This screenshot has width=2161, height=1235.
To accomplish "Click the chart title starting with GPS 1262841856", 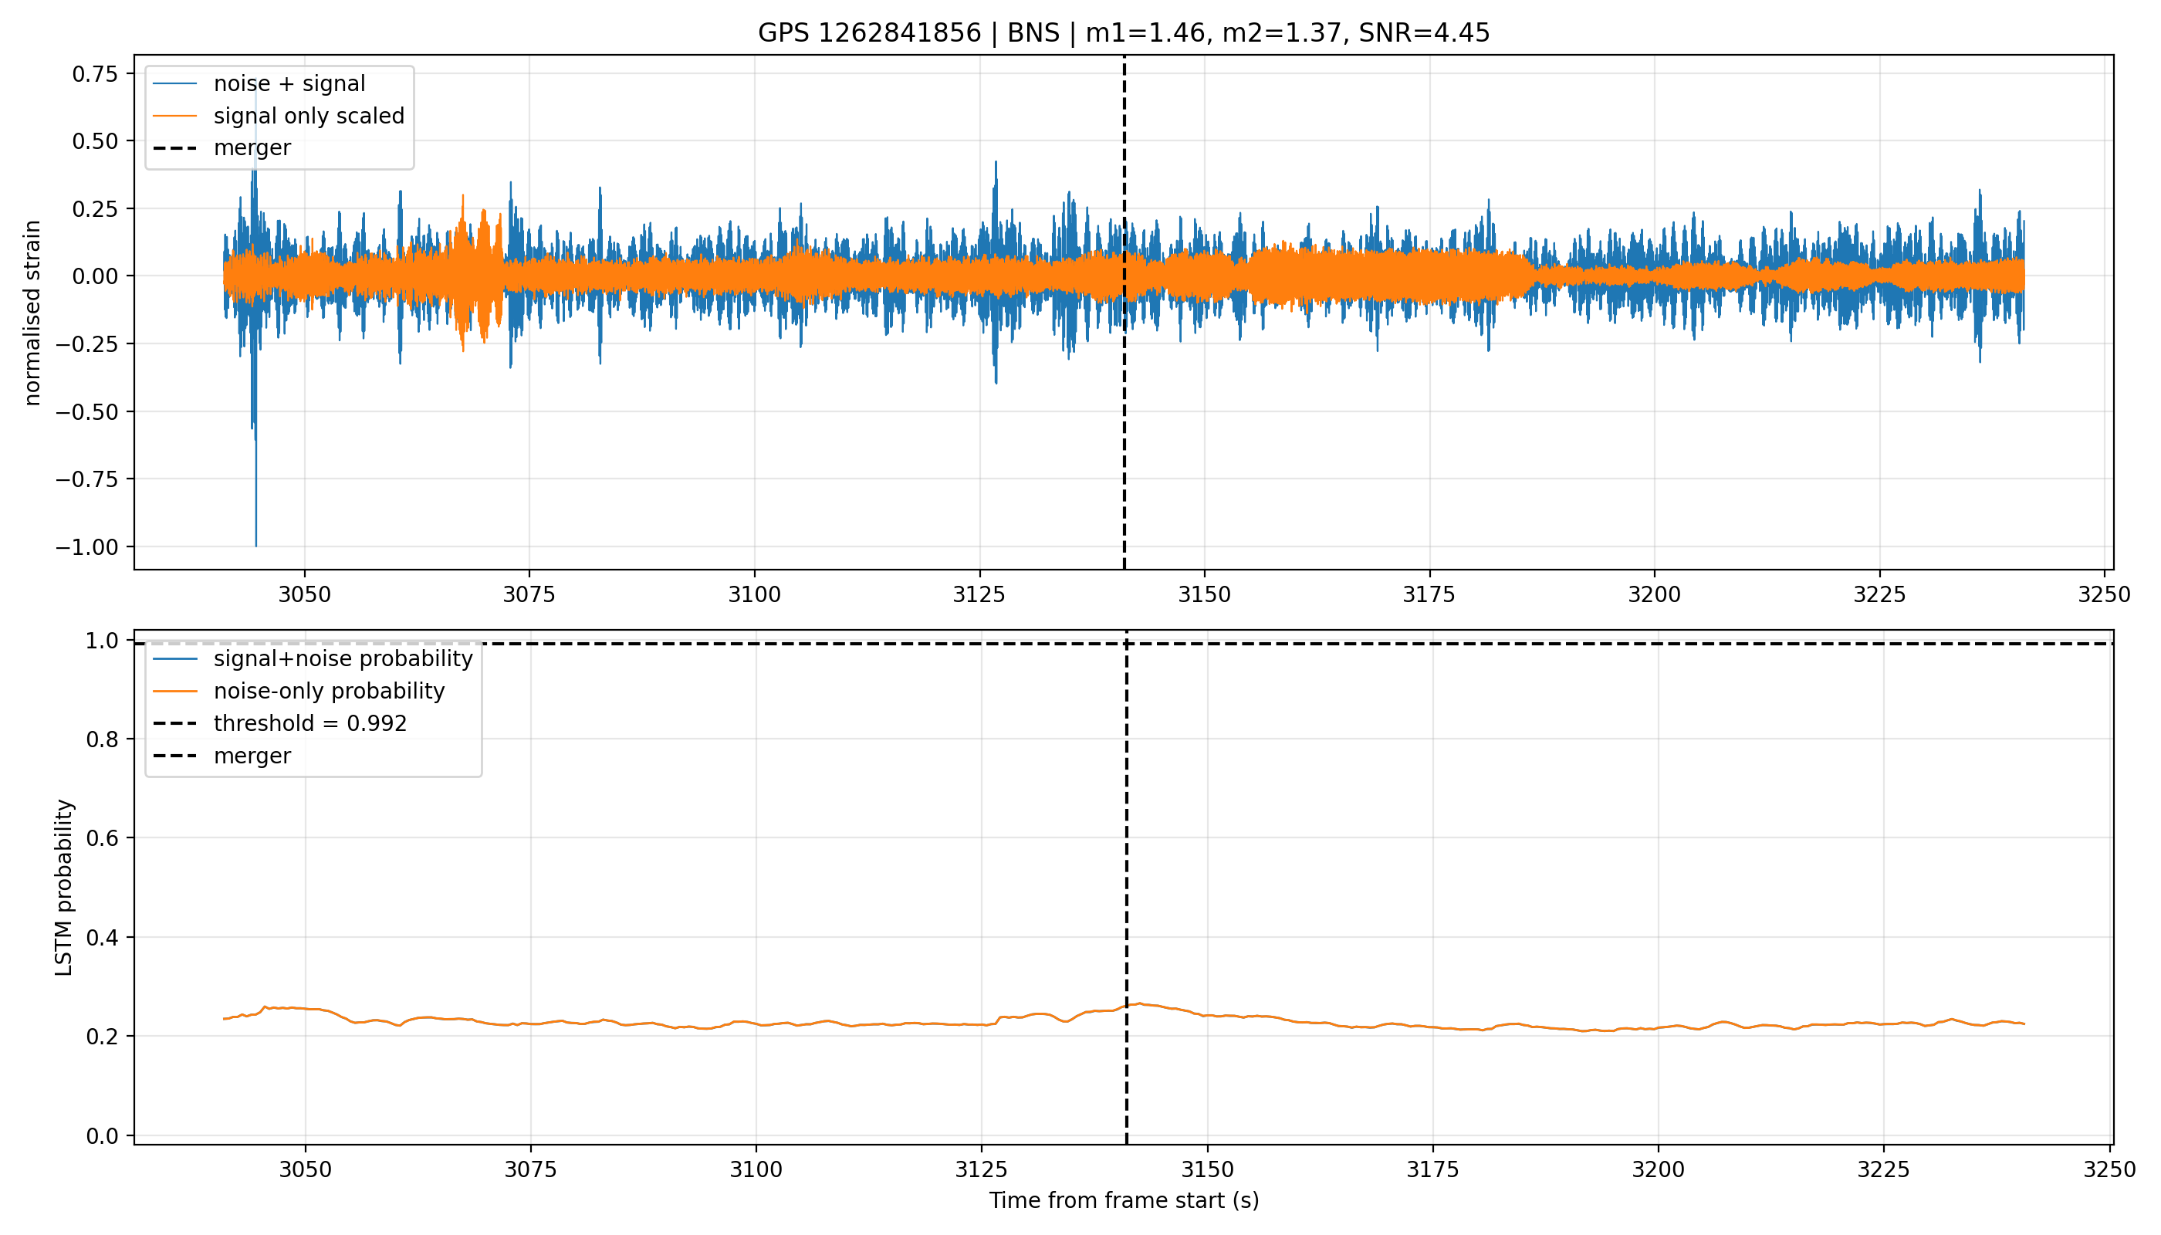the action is (1123, 33).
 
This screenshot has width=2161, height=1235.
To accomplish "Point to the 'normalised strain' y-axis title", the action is (32, 313).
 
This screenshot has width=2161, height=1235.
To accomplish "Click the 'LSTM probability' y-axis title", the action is (63, 887).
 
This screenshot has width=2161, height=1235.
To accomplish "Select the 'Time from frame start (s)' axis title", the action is (1124, 1201).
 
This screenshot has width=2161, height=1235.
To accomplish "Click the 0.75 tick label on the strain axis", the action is (95, 74).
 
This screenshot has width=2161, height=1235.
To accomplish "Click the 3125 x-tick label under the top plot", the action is (979, 594).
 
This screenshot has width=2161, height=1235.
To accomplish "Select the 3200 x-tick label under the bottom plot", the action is (1658, 1169).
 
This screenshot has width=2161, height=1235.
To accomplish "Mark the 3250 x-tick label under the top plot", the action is (2104, 594).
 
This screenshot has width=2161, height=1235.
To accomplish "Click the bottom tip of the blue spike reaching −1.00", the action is (256, 546).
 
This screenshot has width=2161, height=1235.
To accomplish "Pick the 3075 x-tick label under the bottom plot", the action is (531, 1169).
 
